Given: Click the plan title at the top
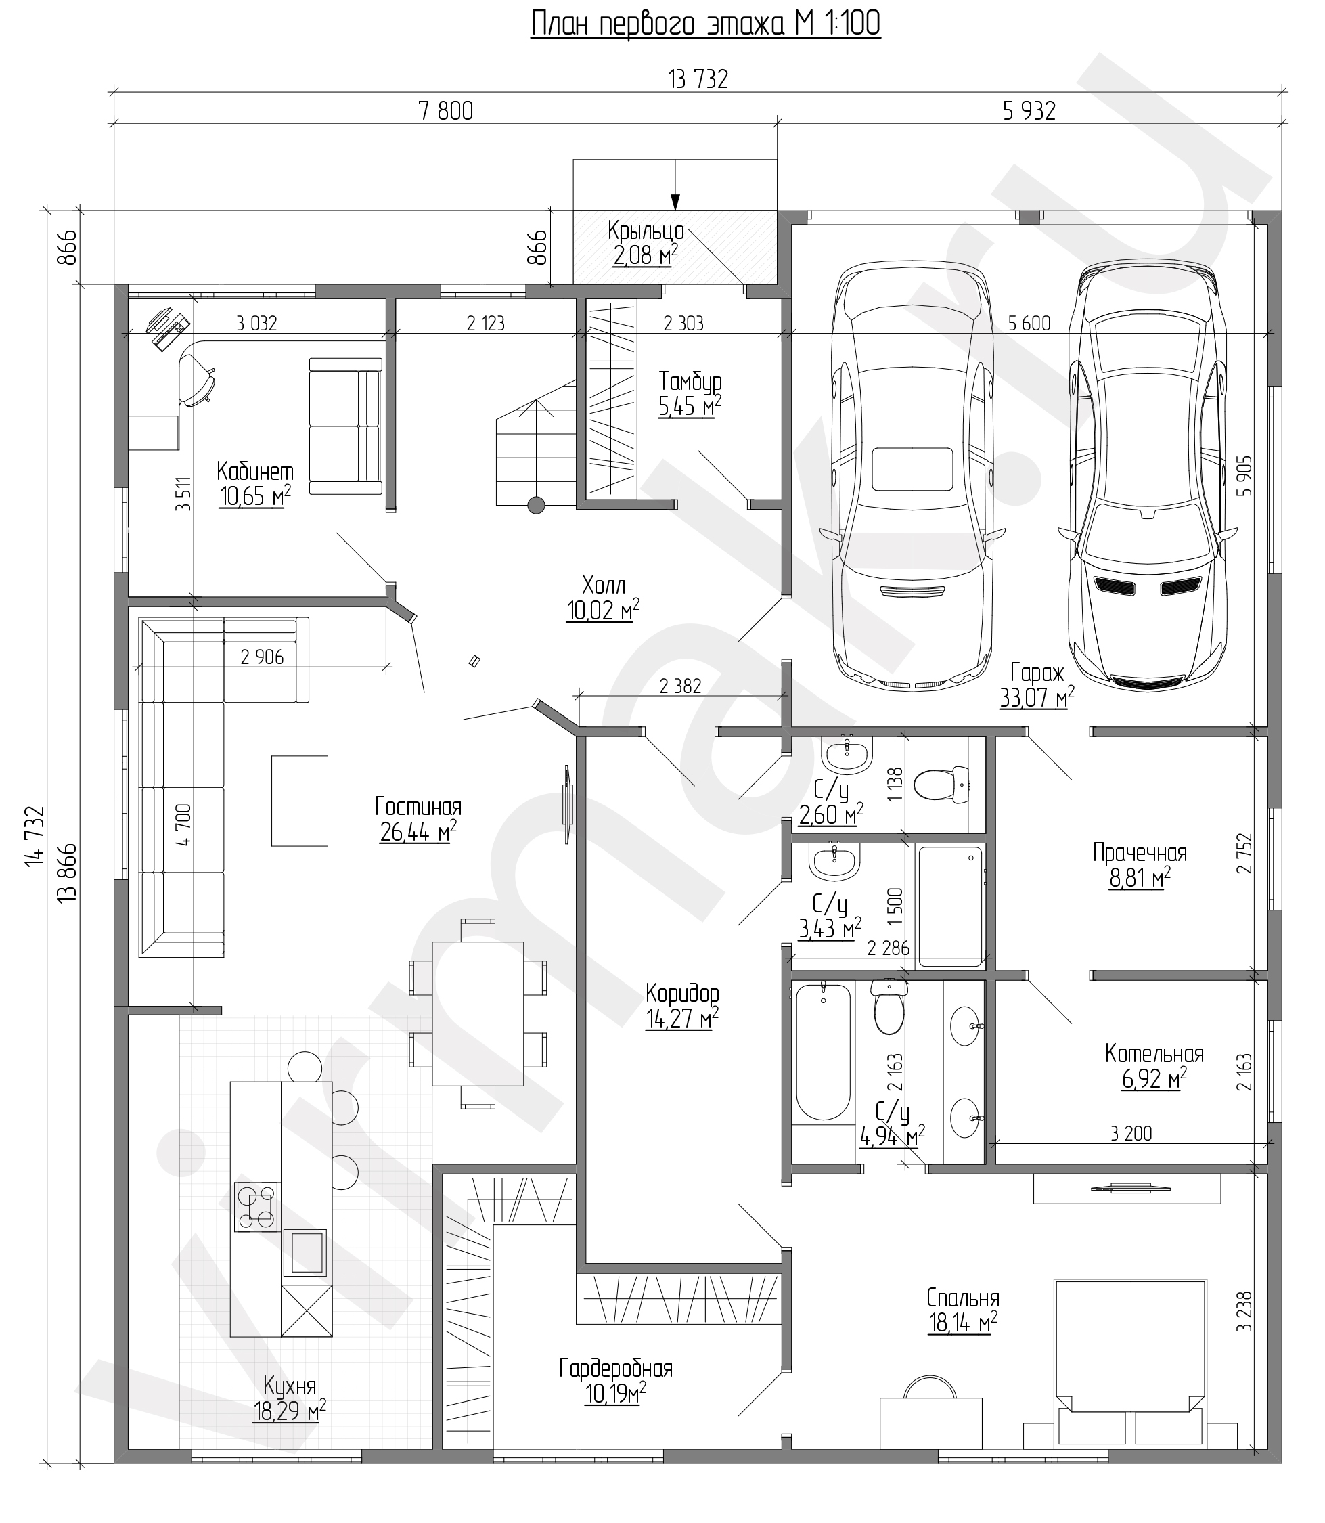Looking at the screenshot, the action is point(705,24).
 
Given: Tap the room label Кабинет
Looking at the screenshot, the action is point(255,471).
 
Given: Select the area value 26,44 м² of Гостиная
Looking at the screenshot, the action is point(418,832).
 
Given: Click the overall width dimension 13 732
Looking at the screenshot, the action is point(698,79).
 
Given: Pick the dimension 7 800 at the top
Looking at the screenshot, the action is point(445,110).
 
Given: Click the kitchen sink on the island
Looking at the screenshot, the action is point(305,1252).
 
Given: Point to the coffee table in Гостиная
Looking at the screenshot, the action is point(300,800).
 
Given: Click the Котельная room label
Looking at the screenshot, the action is point(1154,1053).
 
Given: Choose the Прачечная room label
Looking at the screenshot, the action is point(1140,853).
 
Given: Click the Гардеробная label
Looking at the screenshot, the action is point(616,1369).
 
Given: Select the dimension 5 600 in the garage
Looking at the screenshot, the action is point(1029,324).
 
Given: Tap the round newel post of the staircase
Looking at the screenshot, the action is point(536,505).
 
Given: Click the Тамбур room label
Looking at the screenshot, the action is point(690,381).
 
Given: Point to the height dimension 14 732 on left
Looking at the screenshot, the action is point(35,836).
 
